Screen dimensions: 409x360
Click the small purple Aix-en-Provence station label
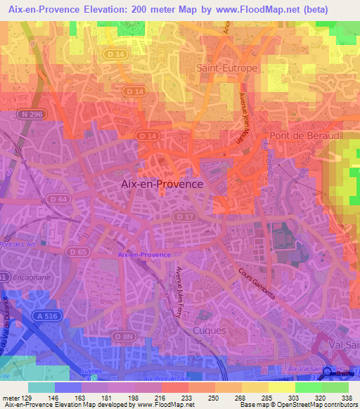(x=144, y=255)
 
